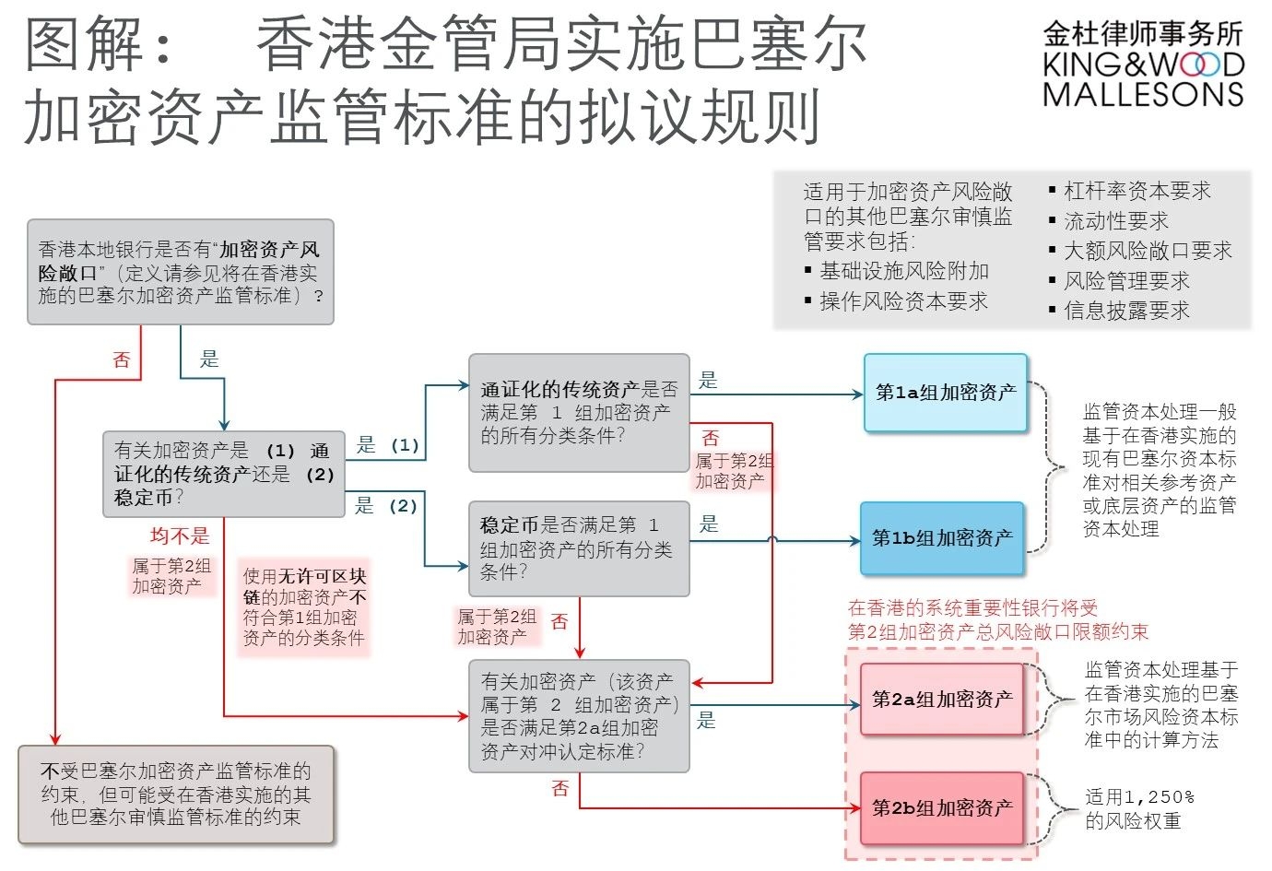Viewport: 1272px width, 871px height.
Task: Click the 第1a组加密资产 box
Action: (946, 393)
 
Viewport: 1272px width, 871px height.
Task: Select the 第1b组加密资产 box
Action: (942, 538)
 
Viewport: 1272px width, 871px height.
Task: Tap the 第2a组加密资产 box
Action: (942, 700)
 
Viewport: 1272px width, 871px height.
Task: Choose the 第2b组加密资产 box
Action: (942, 808)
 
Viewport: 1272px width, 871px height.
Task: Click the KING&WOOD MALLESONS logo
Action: (1143, 65)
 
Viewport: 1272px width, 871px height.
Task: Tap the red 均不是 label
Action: (180, 536)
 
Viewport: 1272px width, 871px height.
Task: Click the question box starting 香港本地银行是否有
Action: (181, 272)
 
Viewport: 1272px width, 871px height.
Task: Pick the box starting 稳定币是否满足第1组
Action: (579, 549)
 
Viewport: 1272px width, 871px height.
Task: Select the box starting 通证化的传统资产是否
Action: (579, 413)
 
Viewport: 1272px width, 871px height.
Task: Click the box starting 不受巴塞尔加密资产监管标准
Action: (176, 794)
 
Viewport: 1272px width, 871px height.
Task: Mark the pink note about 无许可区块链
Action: (304, 606)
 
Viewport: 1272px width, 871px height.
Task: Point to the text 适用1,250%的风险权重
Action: (1139, 809)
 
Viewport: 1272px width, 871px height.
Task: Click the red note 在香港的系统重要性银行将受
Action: (997, 619)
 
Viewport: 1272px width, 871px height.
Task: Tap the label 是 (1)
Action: (387, 445)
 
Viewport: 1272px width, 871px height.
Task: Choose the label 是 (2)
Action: (387, 506)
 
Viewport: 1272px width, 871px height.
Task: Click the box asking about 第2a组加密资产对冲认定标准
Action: (579, 716)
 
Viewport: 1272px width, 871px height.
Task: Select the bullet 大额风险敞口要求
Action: (1148, 251)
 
